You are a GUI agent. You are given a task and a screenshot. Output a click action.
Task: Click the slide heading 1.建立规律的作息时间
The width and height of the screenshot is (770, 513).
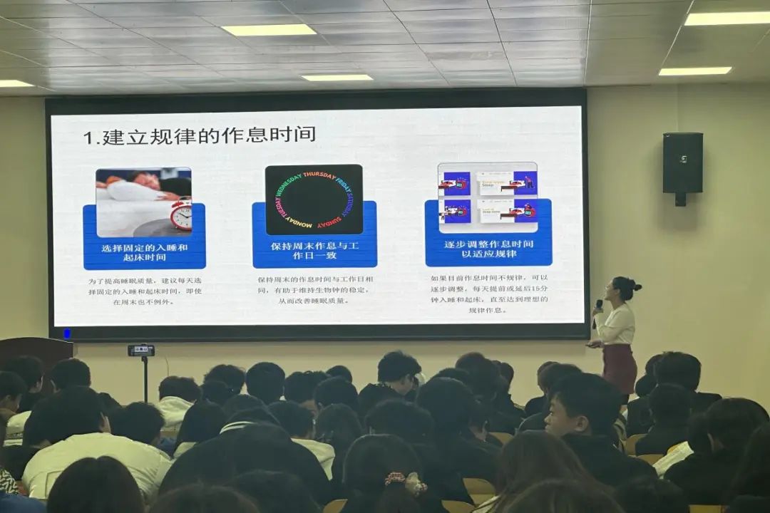coord(199,135)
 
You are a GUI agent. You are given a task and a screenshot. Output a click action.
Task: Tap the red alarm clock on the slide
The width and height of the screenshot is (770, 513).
coord(181,214)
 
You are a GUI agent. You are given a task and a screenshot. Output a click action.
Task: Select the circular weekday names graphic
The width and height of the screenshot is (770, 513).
coord(314,199)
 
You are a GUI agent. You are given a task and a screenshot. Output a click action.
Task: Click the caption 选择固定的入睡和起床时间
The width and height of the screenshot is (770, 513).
coord(144,252)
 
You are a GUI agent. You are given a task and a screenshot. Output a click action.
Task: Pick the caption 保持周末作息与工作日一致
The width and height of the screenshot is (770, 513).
coord(314,250)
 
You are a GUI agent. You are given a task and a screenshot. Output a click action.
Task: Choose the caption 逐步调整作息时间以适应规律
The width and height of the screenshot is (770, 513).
coord(488,249)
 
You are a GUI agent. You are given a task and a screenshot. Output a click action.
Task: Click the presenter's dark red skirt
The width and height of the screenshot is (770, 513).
coord(620,366)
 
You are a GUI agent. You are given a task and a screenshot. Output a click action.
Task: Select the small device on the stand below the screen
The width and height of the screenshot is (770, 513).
coord(141,350)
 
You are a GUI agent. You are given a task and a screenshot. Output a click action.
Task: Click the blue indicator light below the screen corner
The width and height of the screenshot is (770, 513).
coord(67,333)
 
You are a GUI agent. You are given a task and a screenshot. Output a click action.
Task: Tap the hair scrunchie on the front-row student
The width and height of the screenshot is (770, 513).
coord(404,484)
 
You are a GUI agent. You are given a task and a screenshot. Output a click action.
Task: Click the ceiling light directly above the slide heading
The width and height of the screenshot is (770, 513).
coord(269,30)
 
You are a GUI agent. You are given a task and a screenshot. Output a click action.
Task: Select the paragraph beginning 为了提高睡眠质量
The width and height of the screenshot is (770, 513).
coord(145,291)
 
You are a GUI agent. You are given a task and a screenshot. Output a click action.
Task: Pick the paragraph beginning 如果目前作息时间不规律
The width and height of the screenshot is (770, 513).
coord(488,294)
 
